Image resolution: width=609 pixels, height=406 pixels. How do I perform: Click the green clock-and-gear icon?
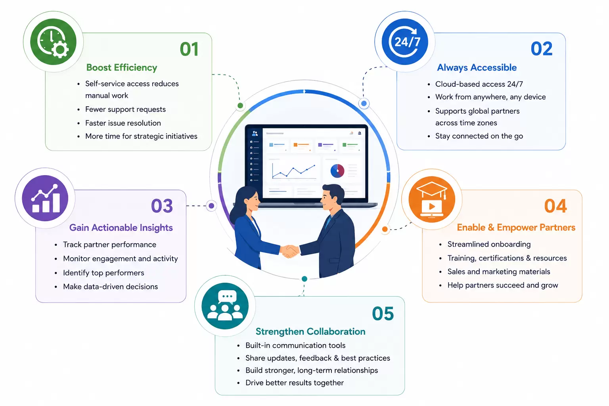tap(53, 42)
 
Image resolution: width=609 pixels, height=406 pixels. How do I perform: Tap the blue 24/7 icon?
tap(405, 42)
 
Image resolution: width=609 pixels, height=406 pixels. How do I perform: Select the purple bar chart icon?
tap(45, 198)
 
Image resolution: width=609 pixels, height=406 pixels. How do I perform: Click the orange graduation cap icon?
tap(432, 199)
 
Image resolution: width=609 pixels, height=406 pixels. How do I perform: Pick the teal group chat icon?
tap(225, 306)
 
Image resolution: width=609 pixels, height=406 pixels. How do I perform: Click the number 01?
tap(189, 49)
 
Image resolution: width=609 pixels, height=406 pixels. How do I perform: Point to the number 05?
tap(383, 313)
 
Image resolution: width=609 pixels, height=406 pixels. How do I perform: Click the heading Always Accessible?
tap(477, 67)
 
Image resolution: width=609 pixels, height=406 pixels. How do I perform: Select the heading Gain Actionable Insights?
tap(121, 228)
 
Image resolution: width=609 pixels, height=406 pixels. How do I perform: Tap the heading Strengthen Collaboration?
tap(310, 331)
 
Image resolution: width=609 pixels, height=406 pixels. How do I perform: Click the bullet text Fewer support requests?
tap(125, 109)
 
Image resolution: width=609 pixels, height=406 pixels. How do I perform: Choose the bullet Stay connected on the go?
tap(479, 136)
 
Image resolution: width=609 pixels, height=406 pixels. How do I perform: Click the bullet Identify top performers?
tap(103, 273)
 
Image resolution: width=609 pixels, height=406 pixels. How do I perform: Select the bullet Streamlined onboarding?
tap(489, 244)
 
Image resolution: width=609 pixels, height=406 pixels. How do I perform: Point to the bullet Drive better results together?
tap(295, 383)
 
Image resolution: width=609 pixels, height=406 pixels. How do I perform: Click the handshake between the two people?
tap(289, 251)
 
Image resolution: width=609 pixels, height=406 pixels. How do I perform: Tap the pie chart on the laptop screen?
tap(337, 171)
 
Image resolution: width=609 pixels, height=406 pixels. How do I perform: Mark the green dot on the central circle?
tap(240, 105)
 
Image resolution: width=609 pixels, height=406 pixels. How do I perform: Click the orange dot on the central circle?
tap(385, 229)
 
